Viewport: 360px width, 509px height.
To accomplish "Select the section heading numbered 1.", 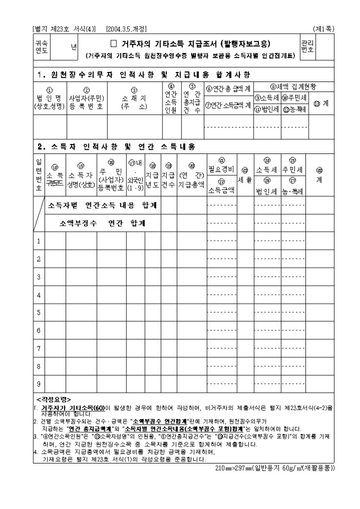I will coord(143,74).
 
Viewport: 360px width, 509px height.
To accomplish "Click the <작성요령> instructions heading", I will coord(53,398).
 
